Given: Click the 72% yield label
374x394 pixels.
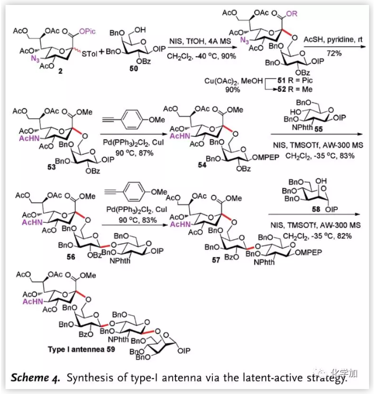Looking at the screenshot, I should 334,54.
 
